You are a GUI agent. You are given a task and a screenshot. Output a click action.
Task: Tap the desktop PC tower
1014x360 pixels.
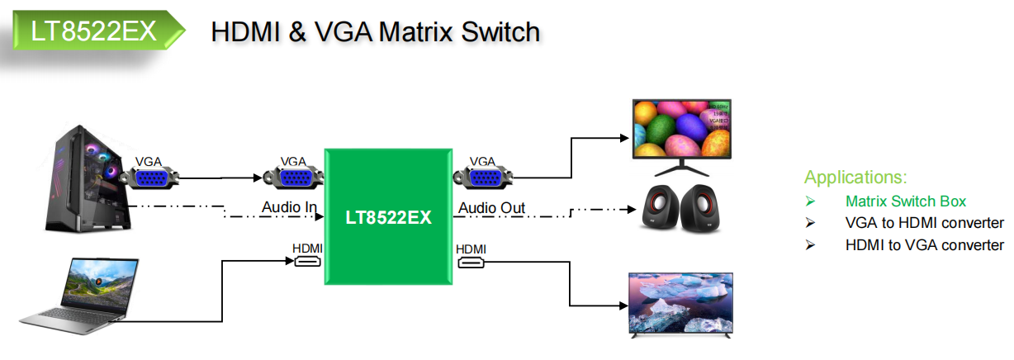coord(88,177)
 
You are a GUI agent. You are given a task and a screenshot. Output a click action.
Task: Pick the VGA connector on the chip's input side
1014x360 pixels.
coord(293,178)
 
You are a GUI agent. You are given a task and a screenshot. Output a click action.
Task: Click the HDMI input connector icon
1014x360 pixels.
coord(308,263)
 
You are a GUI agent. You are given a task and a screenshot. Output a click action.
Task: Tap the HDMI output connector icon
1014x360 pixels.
coord(471,263)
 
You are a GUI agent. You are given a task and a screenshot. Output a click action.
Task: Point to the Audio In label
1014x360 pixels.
coord(290,207)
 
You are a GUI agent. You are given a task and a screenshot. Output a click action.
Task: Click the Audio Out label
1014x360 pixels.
coord(492,207)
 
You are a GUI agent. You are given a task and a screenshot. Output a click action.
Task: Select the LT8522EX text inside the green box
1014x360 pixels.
coord(388,219)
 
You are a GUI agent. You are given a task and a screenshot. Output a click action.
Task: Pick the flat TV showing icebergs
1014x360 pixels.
coord(680,303)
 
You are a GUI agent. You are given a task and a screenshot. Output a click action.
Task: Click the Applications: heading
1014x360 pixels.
coord(855,178)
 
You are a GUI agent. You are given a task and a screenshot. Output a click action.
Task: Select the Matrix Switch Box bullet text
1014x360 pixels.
coord(905,201)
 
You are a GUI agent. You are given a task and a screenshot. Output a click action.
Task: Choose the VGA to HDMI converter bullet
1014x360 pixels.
coord(924,223)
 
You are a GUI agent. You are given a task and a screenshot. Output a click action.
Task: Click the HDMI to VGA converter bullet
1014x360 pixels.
coord(924,245)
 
